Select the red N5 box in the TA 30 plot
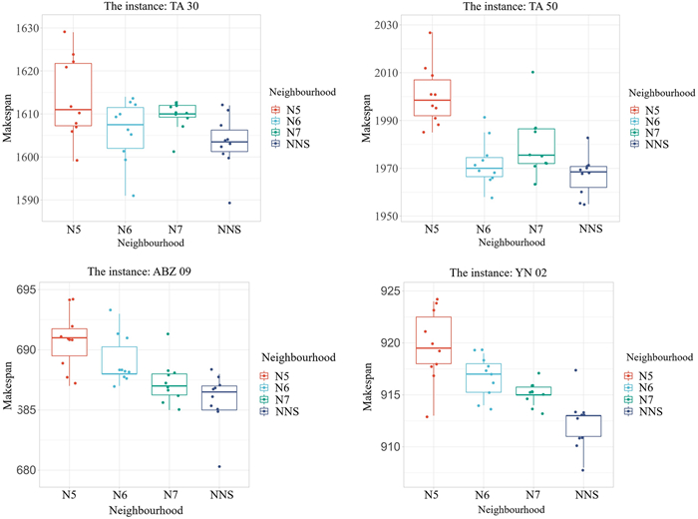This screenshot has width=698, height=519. point(74,95)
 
